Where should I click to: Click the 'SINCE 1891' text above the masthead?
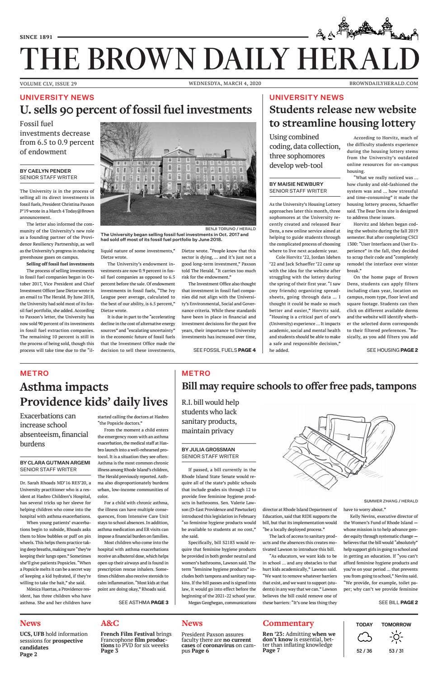tap(36, 37)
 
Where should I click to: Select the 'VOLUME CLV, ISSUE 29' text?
tap(48, 84)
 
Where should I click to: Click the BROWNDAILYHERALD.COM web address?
tap(383, 84)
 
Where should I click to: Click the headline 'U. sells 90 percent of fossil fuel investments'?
tap(136, 110)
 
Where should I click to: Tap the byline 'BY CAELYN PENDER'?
tap(45, 171)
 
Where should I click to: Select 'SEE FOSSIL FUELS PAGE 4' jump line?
tap(224, 350)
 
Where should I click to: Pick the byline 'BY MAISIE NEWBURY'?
tap(296, 184)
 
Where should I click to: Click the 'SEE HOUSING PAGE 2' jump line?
tap(392, 350)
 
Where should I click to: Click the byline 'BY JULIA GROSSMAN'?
tap(208, 450)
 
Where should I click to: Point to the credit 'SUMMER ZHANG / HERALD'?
tap(391, 501)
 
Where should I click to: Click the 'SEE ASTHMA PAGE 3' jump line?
tap(143, 602)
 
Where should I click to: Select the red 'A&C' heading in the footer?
tap(110, 623)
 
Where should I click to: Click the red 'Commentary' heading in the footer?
tap(288, 623)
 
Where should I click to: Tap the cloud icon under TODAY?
tap(364, 638)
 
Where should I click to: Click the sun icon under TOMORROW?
tap(396, 638)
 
